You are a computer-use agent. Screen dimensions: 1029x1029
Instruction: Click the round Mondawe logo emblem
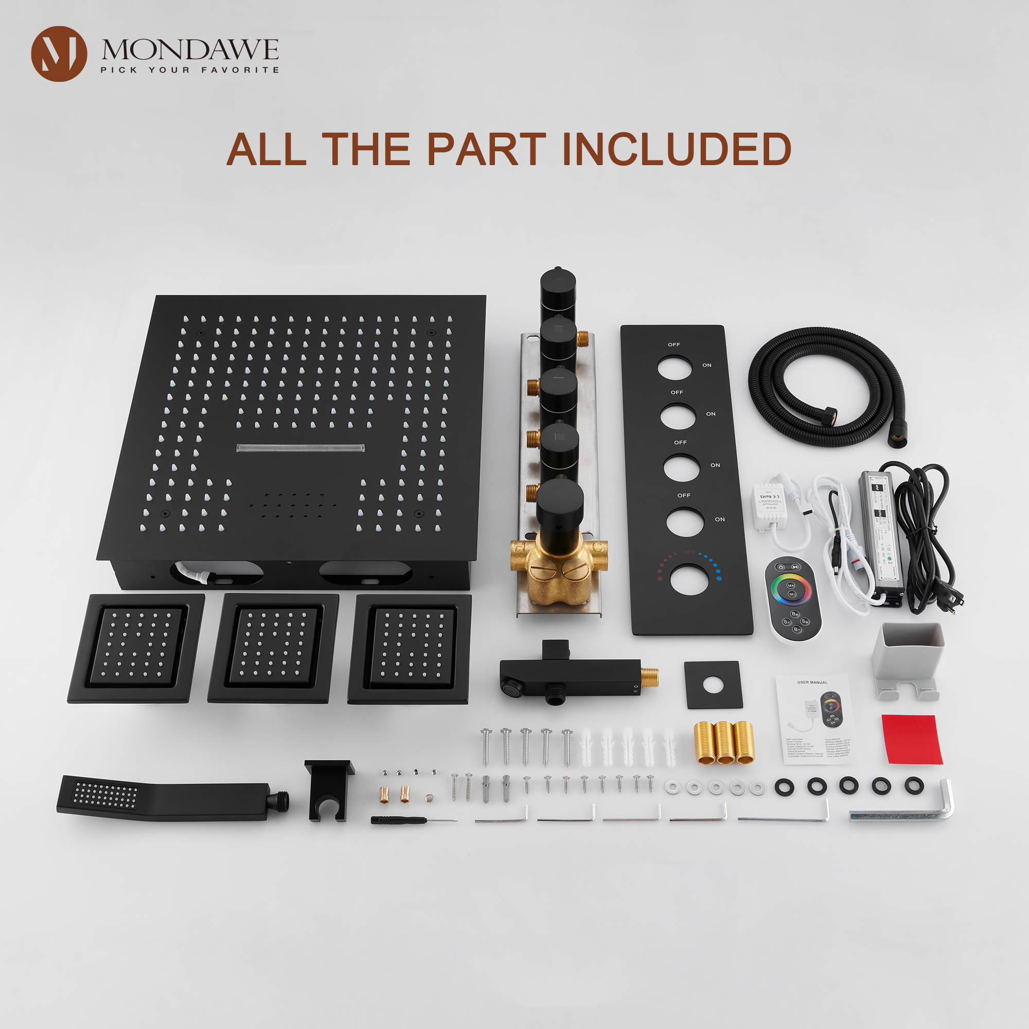(x=59, y=54)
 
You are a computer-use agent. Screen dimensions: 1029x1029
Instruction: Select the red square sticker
(x=911, y=739)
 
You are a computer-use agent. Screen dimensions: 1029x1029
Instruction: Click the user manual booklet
(x=813, y=719)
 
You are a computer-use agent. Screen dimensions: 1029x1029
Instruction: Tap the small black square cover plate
(x=713, y=685)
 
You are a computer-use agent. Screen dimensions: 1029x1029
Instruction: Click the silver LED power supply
(x=880, y=538)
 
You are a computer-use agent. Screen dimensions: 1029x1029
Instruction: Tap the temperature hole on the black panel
(x=689, y=579)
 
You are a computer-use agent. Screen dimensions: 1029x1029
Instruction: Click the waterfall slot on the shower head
(x=300, y=448)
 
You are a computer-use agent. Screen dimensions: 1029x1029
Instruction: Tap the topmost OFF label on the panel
(x=674, y=345)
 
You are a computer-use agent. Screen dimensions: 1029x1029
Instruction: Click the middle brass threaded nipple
(x=724, y=742)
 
